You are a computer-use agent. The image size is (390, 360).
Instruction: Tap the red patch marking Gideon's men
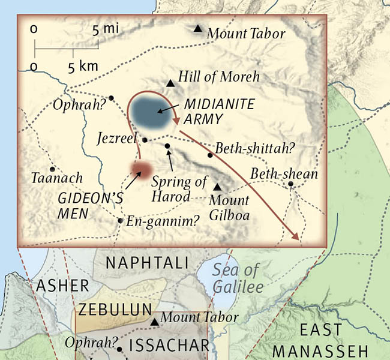pyautogui.click(x=142, y=169)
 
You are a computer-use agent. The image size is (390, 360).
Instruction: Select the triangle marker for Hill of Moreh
pyautogui.click(x=170, y=83)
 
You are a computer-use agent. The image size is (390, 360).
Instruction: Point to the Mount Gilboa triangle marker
pyautogui.click(x=217, y=187)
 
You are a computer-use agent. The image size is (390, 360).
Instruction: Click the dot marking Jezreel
pyautogui.click(x=145, y=140)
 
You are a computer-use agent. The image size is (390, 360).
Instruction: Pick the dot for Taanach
pyautogui.click(x=52, y=169)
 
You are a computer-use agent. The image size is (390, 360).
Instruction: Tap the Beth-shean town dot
pyautogui.click(x=291, y=184)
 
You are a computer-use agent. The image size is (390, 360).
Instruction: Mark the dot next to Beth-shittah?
pyautogui.click(x=210, y=155)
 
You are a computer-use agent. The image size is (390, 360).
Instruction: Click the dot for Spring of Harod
pyautogui.click(x=167, y=146)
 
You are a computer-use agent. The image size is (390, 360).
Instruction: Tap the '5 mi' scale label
pyautogui.click(x=106, y=28)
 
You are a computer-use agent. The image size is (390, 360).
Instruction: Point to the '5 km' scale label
pyautogui.click(x=83, y=66)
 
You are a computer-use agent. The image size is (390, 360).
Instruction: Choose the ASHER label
pyautogui.click(x=63, y=286)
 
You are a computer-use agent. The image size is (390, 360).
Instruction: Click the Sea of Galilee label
pyautogui.click(x=238, y=278)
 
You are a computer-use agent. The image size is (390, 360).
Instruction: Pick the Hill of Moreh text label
pyautogui.click(x=219, y=77)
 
